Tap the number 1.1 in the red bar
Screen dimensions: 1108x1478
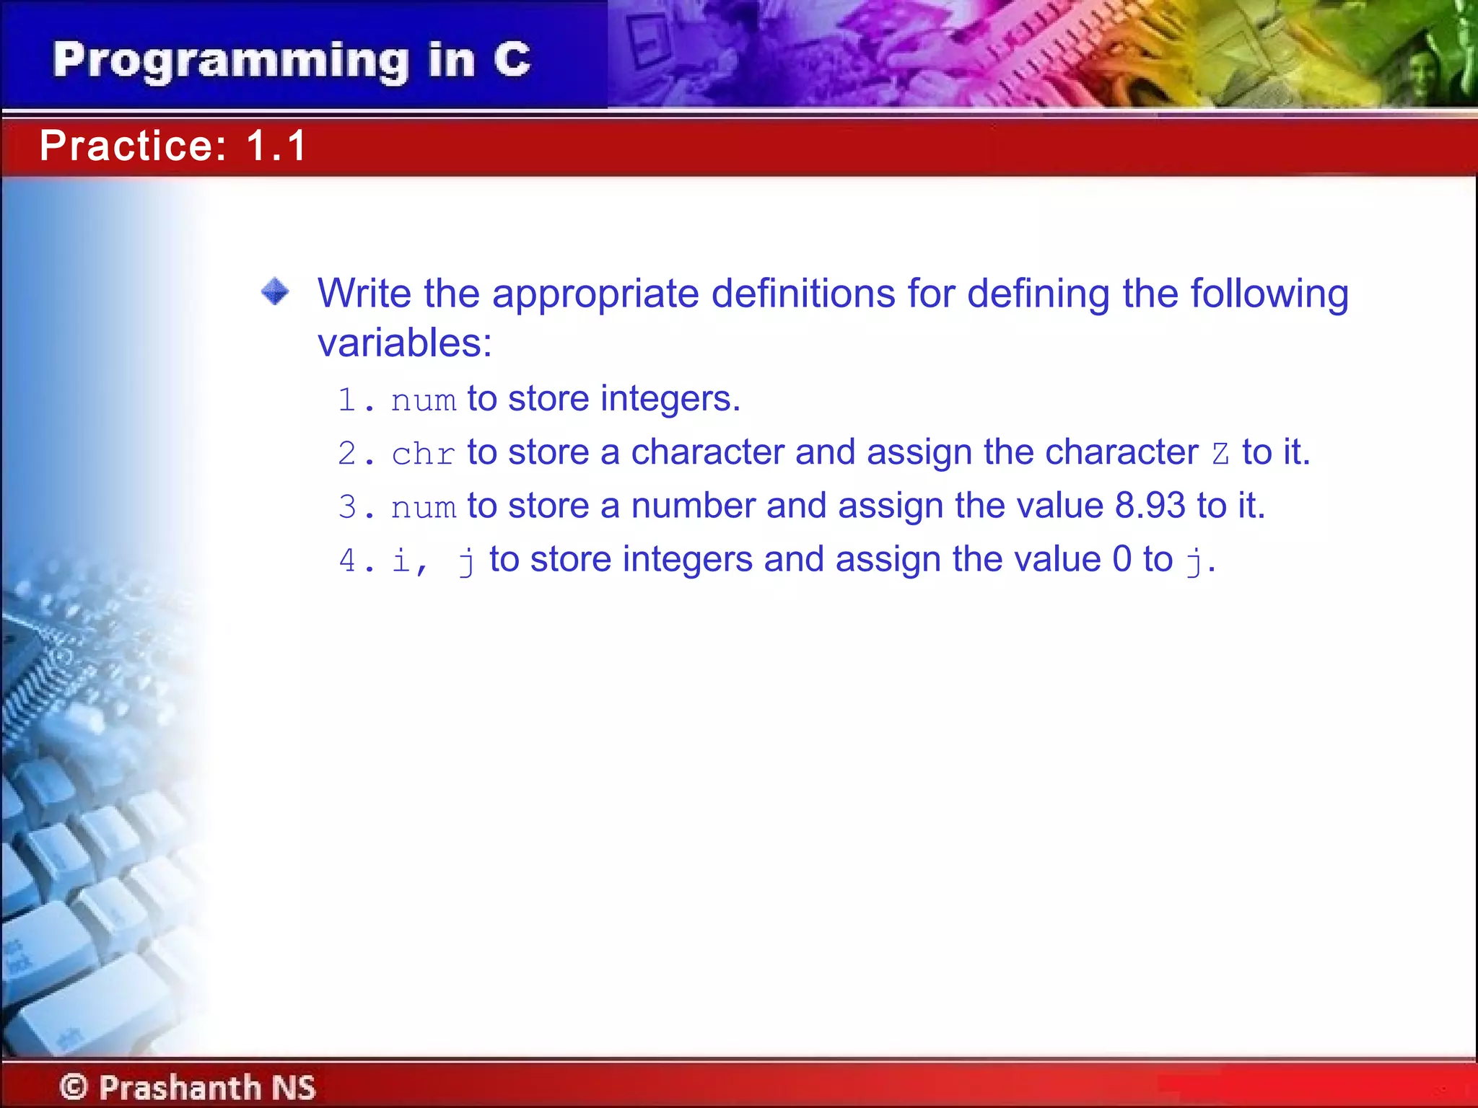(277, 146)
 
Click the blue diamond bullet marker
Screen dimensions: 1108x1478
(275, 292)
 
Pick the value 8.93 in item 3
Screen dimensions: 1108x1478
(1150, 505)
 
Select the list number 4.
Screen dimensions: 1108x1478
(348, 560)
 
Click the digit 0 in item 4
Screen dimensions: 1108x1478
(1121, 559)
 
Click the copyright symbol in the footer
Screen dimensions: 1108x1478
(73, 1086)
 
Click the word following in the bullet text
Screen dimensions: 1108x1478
(1269, 294)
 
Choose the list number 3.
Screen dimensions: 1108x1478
(348, 507)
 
